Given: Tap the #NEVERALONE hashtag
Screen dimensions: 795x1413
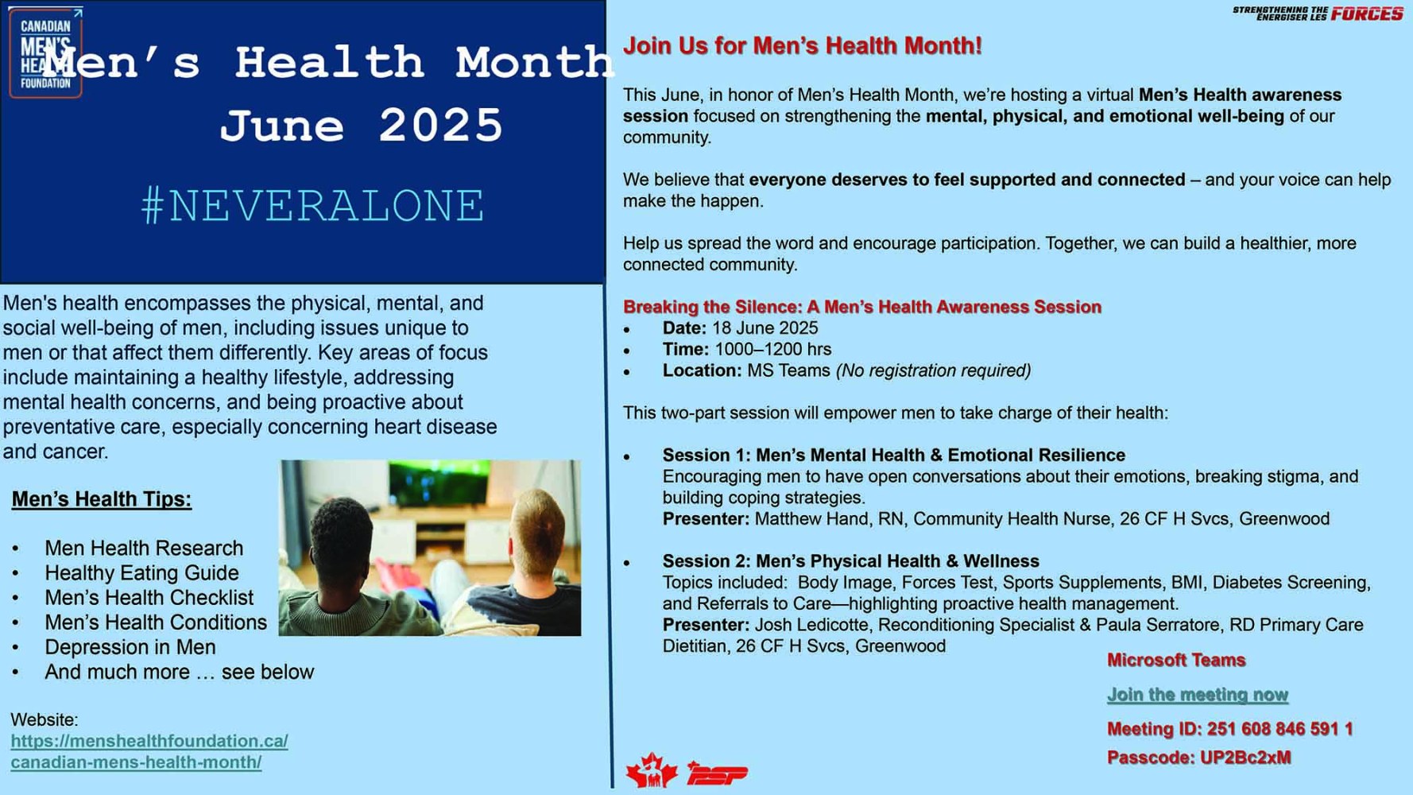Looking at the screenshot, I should click(312, 206).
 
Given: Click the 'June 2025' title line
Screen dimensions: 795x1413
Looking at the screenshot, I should click(362, 126).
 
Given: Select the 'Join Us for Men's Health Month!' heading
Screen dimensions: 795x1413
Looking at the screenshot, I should click(802, 46).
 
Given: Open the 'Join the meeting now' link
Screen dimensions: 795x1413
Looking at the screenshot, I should click(1197, 695).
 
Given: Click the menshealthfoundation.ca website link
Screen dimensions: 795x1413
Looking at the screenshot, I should click(149, 751).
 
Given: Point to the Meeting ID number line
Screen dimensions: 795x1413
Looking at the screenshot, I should click(1229, 729).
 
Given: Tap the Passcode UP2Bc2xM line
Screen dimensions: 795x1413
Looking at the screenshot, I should click(1198, 758).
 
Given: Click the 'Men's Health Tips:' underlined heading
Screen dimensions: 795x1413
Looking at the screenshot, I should click(101, 499).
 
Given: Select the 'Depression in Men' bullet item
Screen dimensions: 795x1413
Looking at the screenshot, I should click(130, 647).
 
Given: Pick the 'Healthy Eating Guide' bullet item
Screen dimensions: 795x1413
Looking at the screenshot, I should click(141, 573).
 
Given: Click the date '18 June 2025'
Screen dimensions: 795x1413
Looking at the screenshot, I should click(765, 328).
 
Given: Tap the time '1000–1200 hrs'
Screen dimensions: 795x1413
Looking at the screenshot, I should click(772, 350).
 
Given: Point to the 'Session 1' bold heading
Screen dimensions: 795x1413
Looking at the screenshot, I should click(893, 456).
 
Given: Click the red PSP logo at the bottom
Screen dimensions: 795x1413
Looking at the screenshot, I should click(717, 774).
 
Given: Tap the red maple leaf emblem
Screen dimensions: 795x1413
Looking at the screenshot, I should click(651, 770).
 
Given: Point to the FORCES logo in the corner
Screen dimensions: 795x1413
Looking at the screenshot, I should click(1366, 14).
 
